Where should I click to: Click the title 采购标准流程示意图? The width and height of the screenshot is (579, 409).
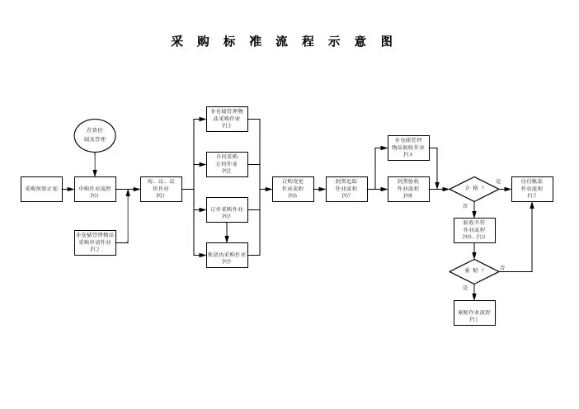click(281, 42)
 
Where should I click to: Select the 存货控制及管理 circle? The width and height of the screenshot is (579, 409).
click(95, 134)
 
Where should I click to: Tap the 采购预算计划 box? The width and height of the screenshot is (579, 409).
click(41, 189)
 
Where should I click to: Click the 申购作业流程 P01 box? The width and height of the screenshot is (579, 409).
click(95, 189)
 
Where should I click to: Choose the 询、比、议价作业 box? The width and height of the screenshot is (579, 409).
click(160, 189)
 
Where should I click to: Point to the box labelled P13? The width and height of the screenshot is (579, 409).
click(227, 119)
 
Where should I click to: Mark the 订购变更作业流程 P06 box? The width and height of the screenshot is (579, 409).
click(293, 189)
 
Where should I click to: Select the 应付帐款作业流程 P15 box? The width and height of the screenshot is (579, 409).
click(532, 189)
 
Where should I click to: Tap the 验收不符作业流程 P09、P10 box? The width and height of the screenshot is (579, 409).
click(473, 230)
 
